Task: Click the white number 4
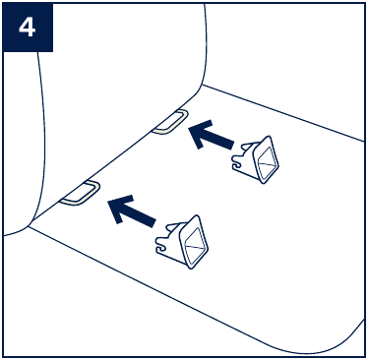[x=27, y=28]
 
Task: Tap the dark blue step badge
[x=28, y=27]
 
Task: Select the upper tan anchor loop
[x=170, y=122]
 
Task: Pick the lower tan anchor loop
[x=81, y=193]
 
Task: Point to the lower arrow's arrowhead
[x=119, y=209]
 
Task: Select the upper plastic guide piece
[x=255, y=159]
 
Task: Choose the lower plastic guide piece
[x=181, y=242]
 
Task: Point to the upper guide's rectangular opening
[x=268, y=160]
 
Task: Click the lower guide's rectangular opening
[x=195, y=243]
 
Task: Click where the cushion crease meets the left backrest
[x=30, y=226]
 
